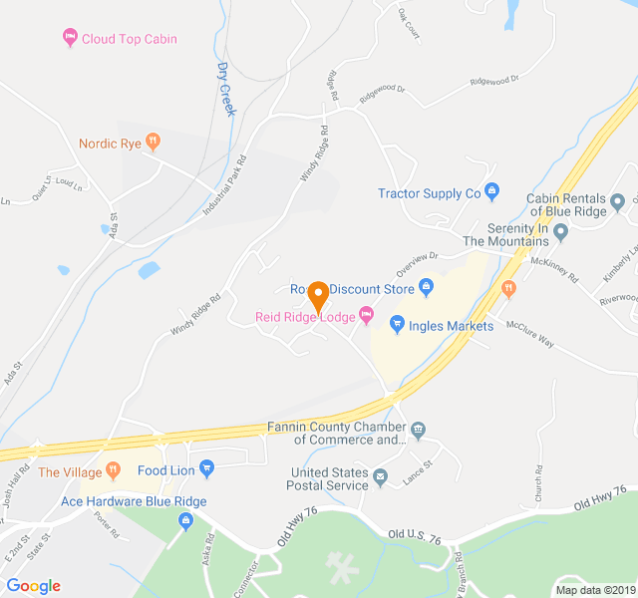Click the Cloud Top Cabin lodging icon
(x=69, y=39)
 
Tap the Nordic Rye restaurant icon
(x=153, y=143)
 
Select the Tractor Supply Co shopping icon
(x=490, y=191)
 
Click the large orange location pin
(x=318, y=297)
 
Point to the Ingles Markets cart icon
(x=397, y=324)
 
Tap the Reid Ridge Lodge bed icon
(x=366, y=316)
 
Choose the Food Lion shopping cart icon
(x=206, y=468)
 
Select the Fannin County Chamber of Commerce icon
(x=418, y=431)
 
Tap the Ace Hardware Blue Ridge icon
(x=185, y=518)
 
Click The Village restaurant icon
(x=115, y=469)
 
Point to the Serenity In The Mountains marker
(x=560, y=233)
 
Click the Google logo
(x=33, y=586)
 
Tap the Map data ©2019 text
(x=593, y=589)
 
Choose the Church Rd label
(x=537, y=482)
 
